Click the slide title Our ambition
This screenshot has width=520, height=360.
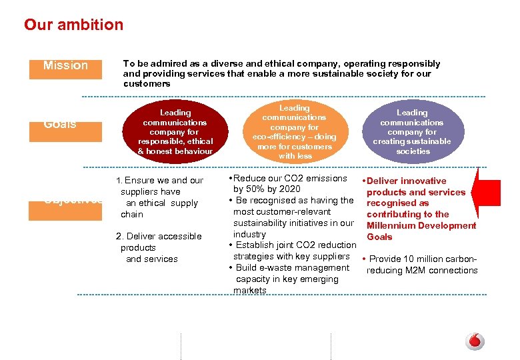pos(73,25)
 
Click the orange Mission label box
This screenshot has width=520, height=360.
pos(65,65)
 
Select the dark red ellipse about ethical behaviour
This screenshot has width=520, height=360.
pos(175,132)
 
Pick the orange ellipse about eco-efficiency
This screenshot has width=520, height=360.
pos(295,132)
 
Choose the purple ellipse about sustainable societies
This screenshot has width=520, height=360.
pos(412,132)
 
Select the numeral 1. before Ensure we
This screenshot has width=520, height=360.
pos(119,181)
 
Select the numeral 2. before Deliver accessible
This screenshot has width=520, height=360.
pos(119,236)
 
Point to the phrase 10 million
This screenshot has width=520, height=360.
pos(425,259)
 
